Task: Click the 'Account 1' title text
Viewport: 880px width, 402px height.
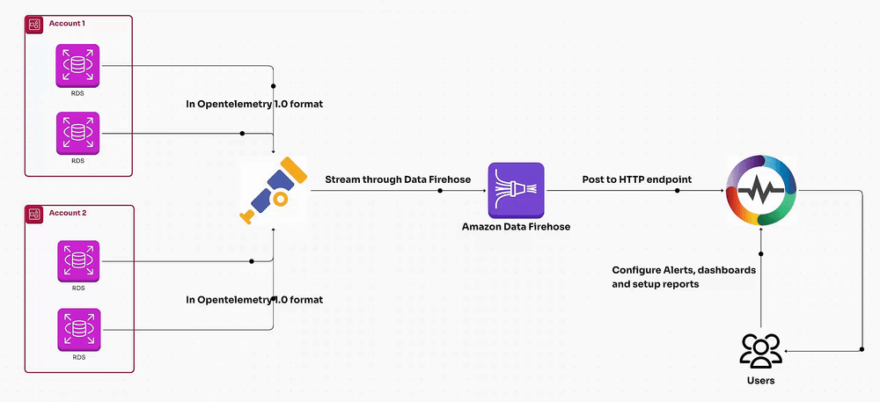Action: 67,23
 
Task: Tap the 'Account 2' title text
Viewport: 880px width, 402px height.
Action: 68,213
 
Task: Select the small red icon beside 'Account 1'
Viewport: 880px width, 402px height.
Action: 34,23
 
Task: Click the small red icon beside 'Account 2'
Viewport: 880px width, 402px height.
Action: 34,213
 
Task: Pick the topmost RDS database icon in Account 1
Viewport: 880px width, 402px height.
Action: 78,66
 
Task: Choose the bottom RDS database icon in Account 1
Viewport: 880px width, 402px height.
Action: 78,133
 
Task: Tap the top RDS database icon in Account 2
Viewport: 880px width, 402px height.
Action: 78,261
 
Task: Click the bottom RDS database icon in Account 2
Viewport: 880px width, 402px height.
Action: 78,328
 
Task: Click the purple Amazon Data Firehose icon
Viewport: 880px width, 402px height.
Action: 517,190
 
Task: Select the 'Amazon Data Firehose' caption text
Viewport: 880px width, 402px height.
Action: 517,227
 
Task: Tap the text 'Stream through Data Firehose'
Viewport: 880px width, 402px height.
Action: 398,179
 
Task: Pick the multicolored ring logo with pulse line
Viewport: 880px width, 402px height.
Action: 761,190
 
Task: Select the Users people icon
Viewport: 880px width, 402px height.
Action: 761,350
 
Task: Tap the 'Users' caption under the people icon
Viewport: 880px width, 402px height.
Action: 761,380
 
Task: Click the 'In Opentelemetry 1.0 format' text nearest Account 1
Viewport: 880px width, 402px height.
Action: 254,105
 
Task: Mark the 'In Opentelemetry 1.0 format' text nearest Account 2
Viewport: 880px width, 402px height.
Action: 254,300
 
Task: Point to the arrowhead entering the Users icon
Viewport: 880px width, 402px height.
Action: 788,351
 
